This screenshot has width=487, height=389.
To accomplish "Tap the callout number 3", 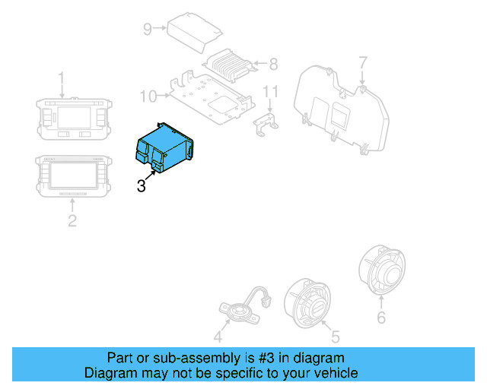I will coord(142,185).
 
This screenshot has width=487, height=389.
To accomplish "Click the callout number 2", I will coord(72,221).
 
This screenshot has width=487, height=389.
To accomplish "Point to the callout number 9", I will coord(148,29).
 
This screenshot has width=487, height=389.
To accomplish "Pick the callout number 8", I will coord(274,64).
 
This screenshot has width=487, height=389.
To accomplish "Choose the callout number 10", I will coord(148,96).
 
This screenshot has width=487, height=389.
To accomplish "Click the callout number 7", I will coord(363,62).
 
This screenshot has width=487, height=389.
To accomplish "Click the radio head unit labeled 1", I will coord(72,117).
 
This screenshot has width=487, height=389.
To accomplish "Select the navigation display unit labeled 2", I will coord(73,176).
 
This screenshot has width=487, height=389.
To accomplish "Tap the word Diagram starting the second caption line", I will coord(108,373).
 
